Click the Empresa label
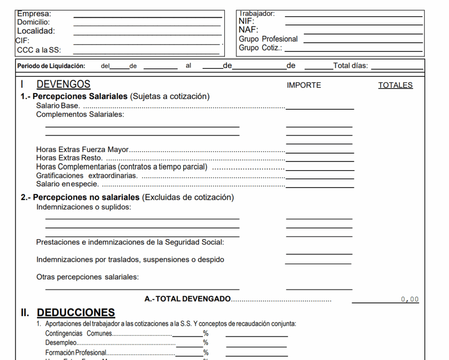[34, 14]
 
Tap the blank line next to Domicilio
[147, 25]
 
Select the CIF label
[22, 40]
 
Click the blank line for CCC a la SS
[146, 53]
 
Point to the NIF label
[246, 21]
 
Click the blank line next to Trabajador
[353, 16]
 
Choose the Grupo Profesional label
[268, 39]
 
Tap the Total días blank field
[397, 68]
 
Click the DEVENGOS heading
[63, 84]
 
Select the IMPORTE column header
[304, 86]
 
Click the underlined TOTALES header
[395, 86]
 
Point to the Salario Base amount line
[319, 108]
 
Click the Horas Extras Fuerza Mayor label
[82, 150]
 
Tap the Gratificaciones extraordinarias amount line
[319, 178]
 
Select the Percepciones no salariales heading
[86, 197]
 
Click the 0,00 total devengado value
[410, 299]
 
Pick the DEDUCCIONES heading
[76, 313]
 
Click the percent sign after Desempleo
[205, 343]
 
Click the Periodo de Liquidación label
[51, 66]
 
